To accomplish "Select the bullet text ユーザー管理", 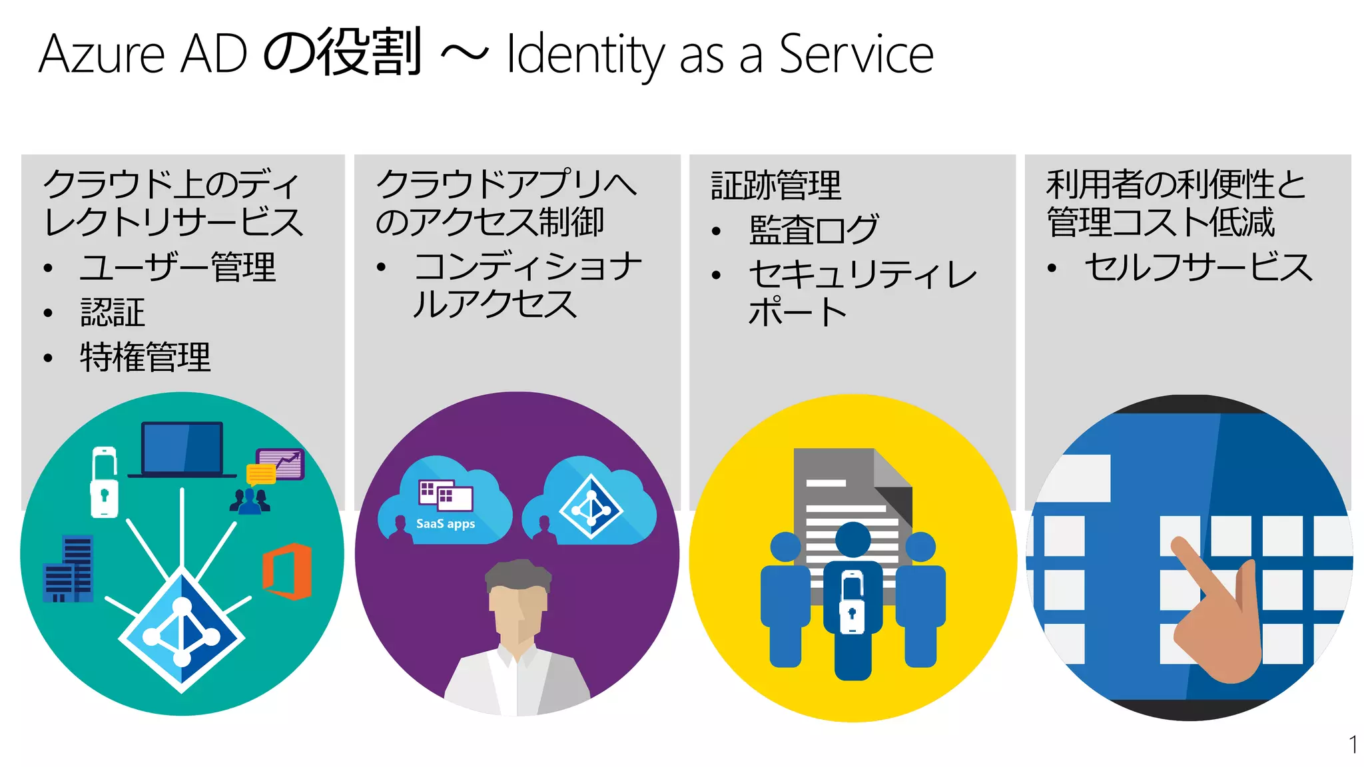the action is [x=177, y=268].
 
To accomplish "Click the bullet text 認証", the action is [x=113, y=312].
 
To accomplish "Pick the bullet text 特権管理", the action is [x=145, y=358].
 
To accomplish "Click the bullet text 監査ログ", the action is [x=813, y=230].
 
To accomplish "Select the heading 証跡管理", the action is [x=776, y=185].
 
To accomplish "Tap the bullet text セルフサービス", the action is [x=1198, y=268].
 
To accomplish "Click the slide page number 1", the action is [x=1353, y=744].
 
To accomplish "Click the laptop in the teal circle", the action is [x=182, y=449].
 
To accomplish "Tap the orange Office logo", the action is [x=287, y=571].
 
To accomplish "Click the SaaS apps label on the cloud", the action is [x=446, y=524].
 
